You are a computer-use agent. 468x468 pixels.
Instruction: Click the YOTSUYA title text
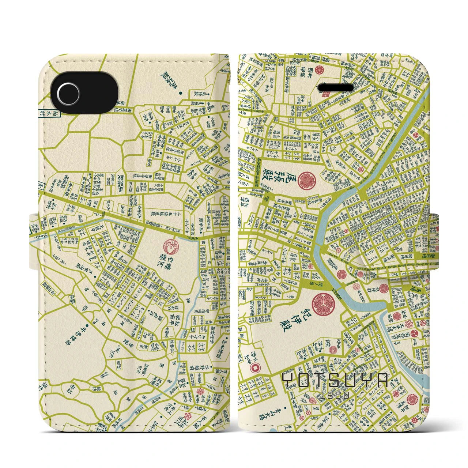coord(336,381)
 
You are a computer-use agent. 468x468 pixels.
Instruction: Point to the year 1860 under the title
coord(336,395)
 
